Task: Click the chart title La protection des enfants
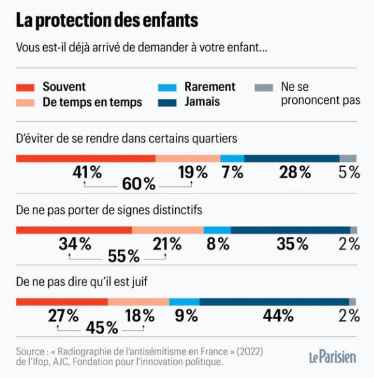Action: (107, 21)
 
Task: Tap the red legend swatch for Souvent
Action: (25, 88)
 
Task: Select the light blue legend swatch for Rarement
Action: (167, 88)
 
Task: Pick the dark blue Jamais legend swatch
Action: (167, 103)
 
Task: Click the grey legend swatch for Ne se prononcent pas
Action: (264, 88)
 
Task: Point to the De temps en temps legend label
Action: (92, 102)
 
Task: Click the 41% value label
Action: (87, 172)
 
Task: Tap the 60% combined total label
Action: (138, 184)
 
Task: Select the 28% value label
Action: (295, 172)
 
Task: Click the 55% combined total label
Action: (124, 256)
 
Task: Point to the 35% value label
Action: (292, 244)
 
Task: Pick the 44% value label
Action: (278, 315)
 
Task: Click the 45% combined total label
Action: (102, 328)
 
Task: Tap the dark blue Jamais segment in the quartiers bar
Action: (291, 159)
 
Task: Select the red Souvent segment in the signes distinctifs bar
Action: (74, 230)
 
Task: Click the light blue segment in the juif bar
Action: (184, 302)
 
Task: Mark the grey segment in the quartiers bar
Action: (348, 159)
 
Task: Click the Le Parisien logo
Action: (333, 357)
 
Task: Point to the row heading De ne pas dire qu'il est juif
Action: (81, 282)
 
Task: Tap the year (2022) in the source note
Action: (250, 351)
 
